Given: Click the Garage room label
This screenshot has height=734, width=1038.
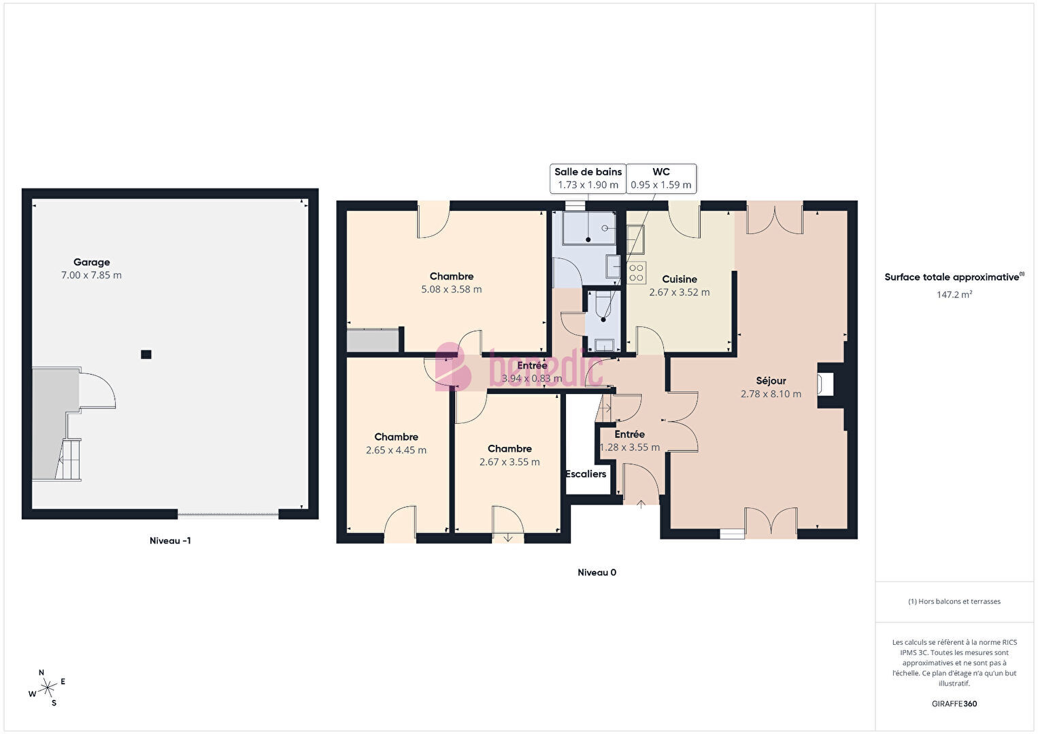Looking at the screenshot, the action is click(91, 263).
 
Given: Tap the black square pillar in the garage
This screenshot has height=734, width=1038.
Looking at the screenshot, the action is click(146, 354).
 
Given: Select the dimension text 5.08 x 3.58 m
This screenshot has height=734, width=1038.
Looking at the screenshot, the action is click(452, 290).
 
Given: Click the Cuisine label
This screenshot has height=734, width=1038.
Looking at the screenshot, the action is click(680, 279).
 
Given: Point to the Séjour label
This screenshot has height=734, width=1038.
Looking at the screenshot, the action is click(771, 381).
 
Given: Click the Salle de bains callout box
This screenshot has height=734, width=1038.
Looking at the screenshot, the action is click(588, 178).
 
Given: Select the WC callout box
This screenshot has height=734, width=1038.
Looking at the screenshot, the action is click(661, 178).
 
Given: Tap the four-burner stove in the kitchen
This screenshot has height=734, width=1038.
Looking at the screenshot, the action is click(636, 273).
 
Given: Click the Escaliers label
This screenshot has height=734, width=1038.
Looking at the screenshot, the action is click(586, 474).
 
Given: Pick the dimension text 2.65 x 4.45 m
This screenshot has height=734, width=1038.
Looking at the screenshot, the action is click(396, 450).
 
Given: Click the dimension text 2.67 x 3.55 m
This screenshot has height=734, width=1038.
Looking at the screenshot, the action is click(509, 462).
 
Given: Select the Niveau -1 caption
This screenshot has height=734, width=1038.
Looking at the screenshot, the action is click(170, 541).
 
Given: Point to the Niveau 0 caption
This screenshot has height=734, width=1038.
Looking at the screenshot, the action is click(597, 572).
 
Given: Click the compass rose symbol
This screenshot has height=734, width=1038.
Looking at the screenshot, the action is click(47, 688).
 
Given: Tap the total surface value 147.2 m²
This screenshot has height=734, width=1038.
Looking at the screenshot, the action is click(954, 295).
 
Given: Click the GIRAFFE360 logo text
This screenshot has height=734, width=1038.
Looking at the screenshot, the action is click(954, 703).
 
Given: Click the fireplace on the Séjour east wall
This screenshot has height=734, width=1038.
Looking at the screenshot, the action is click(826, 384).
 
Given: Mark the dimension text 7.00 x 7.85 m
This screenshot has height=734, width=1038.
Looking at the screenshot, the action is click(91, 276).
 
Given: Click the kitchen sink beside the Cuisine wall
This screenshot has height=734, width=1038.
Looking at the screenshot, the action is click(635, 239).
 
